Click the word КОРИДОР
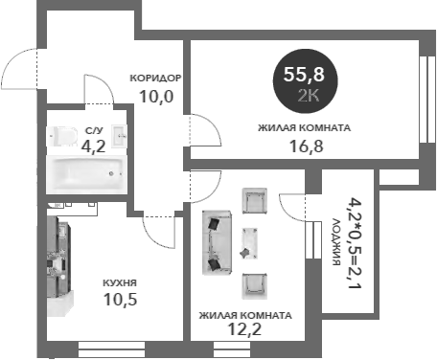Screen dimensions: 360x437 tap(155, 79)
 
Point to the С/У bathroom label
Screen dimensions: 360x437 tap(93, 131)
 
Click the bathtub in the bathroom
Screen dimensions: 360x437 tap(85, 173)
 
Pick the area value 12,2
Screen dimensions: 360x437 tap(245, 330)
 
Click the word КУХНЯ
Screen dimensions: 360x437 tap(120, 283)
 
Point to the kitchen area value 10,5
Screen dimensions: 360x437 tap(121, 300)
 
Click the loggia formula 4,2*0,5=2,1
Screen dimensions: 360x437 tap(355, 243)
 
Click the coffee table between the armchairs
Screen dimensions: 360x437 tap(251, 242)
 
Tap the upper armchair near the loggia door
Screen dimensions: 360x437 tap(254, 200)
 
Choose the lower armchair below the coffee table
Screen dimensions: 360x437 tap(253, 283)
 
